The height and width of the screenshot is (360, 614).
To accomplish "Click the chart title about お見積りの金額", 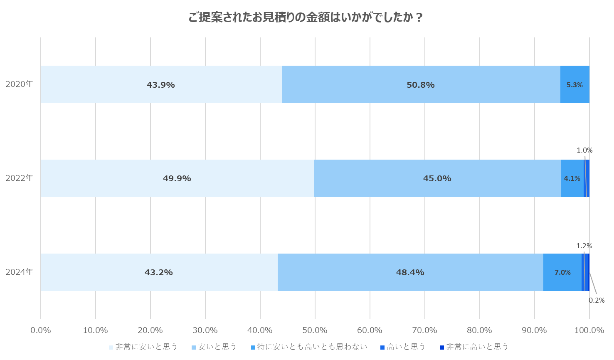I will [306, 17].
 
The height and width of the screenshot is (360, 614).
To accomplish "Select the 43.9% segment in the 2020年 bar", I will [161, 84].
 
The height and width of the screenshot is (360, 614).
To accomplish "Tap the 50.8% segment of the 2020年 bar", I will [421, 84].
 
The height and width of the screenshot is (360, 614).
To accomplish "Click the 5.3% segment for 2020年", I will [575, 84].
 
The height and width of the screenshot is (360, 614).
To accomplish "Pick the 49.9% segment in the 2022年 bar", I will [177, 178].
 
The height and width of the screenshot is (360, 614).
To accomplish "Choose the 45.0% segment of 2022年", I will [437, 178].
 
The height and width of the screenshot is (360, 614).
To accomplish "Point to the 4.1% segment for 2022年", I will [572, 178].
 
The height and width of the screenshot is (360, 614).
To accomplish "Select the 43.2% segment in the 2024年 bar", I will [159, 272].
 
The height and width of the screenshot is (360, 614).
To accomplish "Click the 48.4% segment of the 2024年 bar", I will [410, 272].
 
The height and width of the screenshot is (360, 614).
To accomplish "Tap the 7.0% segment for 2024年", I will [562, 272].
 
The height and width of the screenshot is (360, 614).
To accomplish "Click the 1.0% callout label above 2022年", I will [584, 150].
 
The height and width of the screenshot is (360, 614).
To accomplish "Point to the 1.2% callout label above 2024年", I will [584, 246].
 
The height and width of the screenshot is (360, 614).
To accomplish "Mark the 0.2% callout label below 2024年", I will [597, 300].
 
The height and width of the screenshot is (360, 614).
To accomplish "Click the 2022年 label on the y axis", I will [19, 178].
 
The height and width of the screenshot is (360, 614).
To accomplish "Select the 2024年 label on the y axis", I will [19, 272].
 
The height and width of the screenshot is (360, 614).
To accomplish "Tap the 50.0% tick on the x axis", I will [315, 330].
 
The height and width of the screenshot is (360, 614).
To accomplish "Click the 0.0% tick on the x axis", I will [41, 330].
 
